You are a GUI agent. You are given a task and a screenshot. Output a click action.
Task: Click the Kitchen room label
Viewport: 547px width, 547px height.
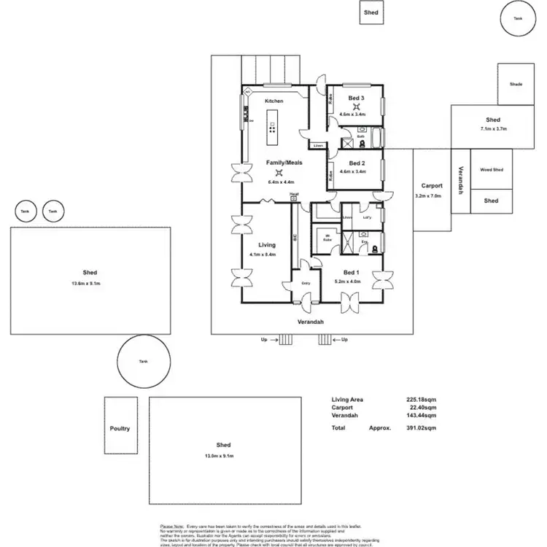[x=273, y=101]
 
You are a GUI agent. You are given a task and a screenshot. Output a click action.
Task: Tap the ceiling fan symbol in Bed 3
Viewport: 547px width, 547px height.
[x=356, y=106]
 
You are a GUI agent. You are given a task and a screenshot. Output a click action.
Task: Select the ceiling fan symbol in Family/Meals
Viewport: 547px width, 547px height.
[x=279, y=173]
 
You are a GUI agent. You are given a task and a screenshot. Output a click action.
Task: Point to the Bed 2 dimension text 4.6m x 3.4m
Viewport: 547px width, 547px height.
[x=356, y=171]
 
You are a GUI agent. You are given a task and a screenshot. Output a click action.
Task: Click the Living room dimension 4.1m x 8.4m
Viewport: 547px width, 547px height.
[x=262, y=255]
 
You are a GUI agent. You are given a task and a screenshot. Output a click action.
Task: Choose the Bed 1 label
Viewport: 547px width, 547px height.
[x=352, y=271]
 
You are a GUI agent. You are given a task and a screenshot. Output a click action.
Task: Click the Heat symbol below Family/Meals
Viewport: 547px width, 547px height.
[x=293, y=195]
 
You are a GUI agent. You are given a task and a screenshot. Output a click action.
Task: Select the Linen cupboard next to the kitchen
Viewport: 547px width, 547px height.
[x=318, y=146]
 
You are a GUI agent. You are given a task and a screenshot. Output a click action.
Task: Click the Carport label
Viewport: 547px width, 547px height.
[x=432, y=186]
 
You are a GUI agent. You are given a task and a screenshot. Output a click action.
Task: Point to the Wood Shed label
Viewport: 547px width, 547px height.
[x=491, y=169]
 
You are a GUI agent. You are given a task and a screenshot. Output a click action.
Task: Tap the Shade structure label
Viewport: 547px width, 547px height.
[x=516, y=84]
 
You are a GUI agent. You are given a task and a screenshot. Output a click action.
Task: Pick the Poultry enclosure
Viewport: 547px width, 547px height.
[x=120, y=428]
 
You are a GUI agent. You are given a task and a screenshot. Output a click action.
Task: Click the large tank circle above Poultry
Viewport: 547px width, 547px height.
[x=144, y=361]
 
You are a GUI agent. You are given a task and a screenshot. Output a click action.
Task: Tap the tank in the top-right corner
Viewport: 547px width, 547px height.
[x=518, y=18]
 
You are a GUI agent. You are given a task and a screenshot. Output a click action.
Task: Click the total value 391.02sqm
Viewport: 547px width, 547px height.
[x=421, y=428]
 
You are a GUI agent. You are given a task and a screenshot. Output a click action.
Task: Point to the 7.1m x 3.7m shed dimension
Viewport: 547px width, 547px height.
[x=493, y=128]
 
